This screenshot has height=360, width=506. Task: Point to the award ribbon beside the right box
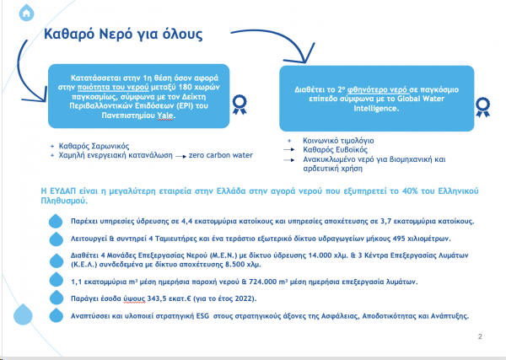point(483,107)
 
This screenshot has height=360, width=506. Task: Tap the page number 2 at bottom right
point(480,336)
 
